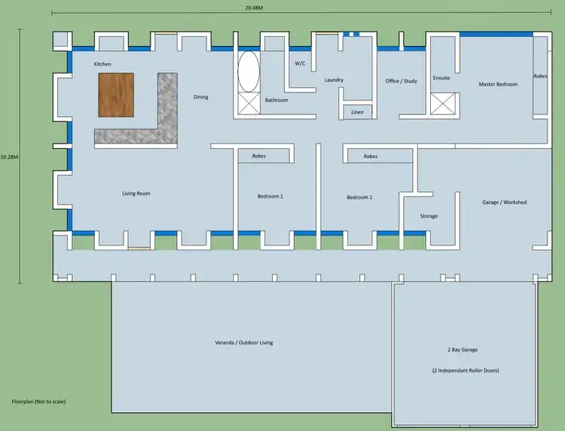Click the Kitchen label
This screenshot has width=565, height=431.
(x=102, y=65)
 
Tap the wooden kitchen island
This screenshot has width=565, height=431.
(x=116, y=95)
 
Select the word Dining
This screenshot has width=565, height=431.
(x=200, y=97)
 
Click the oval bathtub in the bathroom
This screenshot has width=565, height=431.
(x=249, y=71)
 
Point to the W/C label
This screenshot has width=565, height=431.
(x=299, y=63)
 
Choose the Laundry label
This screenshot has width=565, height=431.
(x=334, y=80)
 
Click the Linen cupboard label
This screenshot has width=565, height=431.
(x=358, y=112)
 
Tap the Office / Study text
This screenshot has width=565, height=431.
(x=401, y=81)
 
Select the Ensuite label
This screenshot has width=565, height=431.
(x=441, y=78)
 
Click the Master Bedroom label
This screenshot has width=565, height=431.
(x=498, y=84)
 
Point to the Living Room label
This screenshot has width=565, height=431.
(x=136, y=193)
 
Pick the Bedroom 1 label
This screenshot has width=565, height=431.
(x=270, y=196)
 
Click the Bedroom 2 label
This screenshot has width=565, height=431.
(x=359, y=197)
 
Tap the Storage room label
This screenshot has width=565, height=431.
(x=429, y=216)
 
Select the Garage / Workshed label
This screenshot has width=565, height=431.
(x=504, y=202)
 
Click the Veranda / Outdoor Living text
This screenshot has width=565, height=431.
(x=244, y=342)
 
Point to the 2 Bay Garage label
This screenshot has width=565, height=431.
(x=463, y=350)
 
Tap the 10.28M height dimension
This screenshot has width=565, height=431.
(x=9, y=156)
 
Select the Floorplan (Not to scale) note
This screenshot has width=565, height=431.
(x=39, y=402)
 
